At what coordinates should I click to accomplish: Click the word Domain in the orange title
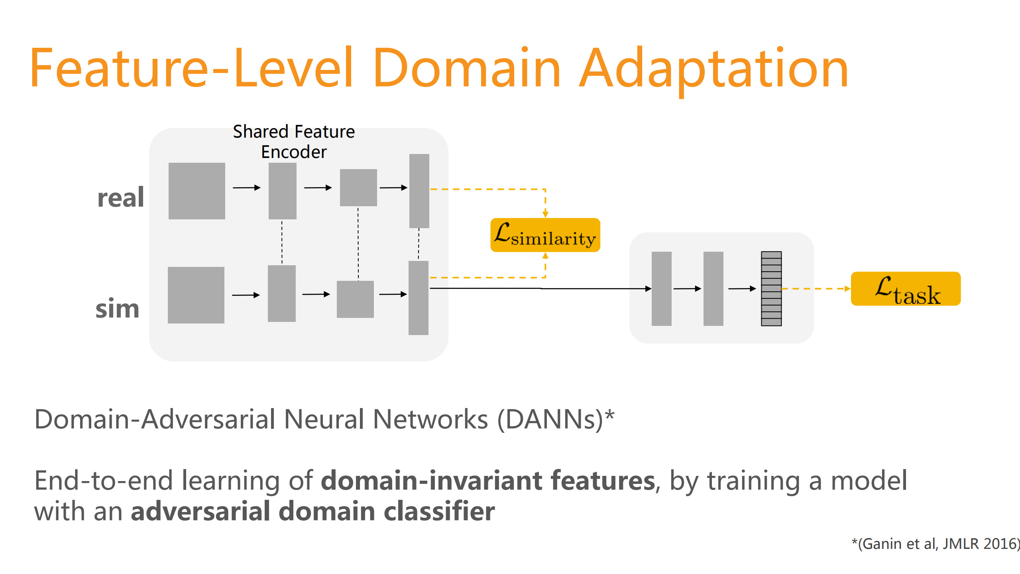pyautogui.click(x=466, y=68)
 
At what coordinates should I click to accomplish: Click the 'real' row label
pyautogui.click(x=121, y=197)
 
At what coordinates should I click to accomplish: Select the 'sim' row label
pyautogui.click(x=118, y=309)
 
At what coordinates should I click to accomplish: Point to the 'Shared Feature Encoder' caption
pyautogui.click(x=294, y=142)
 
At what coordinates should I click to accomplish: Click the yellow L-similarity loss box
pyautogui.click(x=545, y=235)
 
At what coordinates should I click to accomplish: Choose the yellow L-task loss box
pyautogui.click(x=905, y=289)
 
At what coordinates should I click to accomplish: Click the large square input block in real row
pyautogui.click(x=197, y=191)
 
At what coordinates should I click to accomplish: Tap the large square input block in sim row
pyautogui.click(x=196, y=295)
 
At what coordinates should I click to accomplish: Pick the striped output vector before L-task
pyautogui.click(x=771, y=288)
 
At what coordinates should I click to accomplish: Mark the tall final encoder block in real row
pyautogui.click(x=419, y=191)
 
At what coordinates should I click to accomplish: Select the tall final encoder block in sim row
pyautogui.click(x=418, y=298)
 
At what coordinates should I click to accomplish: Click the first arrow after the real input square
pyautogui.click(x=246, y=187)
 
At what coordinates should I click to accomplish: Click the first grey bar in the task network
pyautogui.click(x=661, y=288)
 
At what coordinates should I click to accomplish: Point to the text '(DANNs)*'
pyautogui.click(x=556, y=420)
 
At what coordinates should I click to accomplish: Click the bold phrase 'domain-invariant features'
pyautogui.click(x=488, y=480)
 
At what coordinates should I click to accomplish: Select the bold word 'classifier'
pyautogui.click(x=439, y=511)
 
